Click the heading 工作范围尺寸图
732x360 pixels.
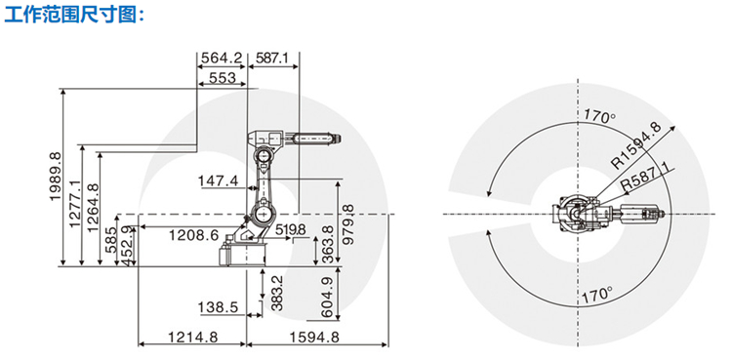[75, 15]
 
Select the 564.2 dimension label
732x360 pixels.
[222, 59]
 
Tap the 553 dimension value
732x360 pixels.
[223, 77]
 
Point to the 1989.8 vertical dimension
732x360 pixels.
[56, 176]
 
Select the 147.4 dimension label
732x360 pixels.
[219, 180]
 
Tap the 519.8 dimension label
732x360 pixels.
[291, 229]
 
